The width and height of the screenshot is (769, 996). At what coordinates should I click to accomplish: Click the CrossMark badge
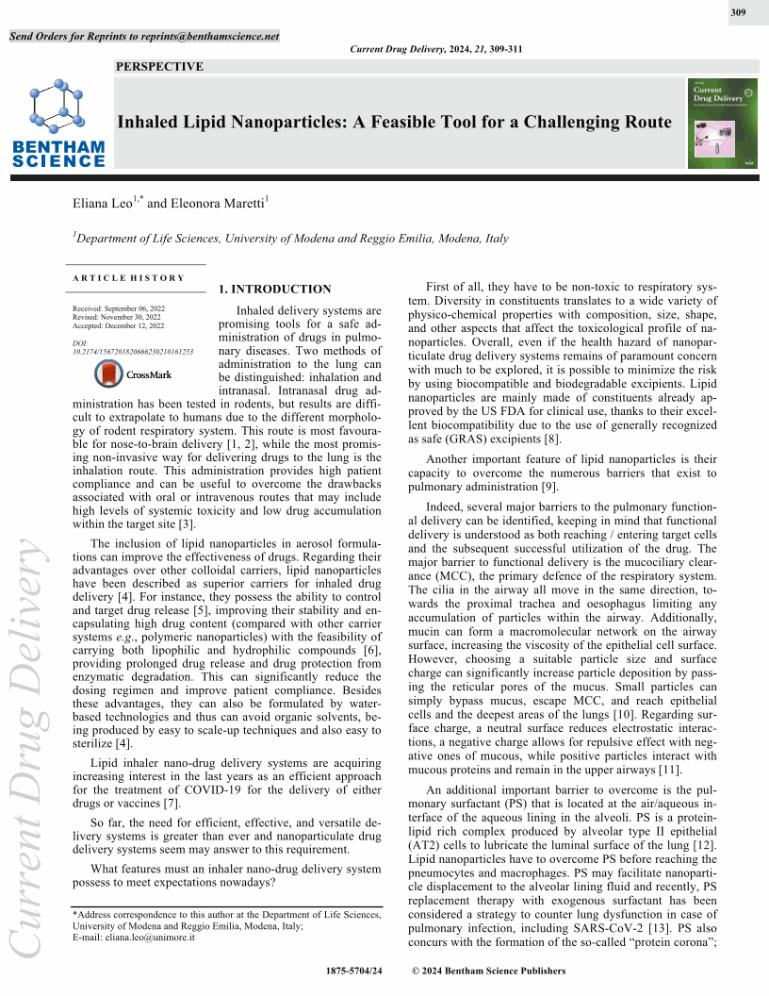[134, 374]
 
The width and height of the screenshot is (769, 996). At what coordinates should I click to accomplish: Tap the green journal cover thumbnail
[723, 124]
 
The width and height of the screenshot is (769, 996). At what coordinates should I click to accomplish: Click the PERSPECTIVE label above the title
[159, 66]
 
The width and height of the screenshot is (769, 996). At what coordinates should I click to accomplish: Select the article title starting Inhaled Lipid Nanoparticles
[394, 123]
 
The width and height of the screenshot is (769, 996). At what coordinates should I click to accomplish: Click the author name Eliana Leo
[106, 203]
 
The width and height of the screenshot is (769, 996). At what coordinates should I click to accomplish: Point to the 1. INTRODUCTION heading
[274, 290]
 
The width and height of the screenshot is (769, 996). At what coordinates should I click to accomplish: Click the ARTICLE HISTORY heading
[128, 277]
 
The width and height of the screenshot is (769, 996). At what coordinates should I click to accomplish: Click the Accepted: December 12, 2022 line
[118, 326]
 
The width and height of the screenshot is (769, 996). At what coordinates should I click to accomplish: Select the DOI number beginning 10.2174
[133, 351]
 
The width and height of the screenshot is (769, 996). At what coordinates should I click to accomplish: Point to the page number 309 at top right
[738, 12]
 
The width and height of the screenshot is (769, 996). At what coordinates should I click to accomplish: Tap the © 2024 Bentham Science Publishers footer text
[489, 971]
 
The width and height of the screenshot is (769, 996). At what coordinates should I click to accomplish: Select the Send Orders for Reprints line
[144, 37]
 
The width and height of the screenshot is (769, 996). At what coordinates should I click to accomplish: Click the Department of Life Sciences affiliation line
[292, 239]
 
